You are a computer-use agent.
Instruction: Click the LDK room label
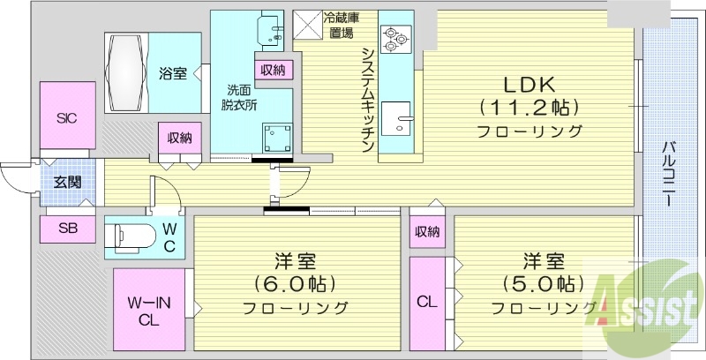coord(529,86)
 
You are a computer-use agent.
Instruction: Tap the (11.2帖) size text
coord(529,109)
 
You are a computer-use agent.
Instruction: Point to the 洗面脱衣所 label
coord(238,96)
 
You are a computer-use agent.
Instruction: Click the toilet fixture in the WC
coord(130,236)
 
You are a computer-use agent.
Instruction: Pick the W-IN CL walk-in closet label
coord(147,311)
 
